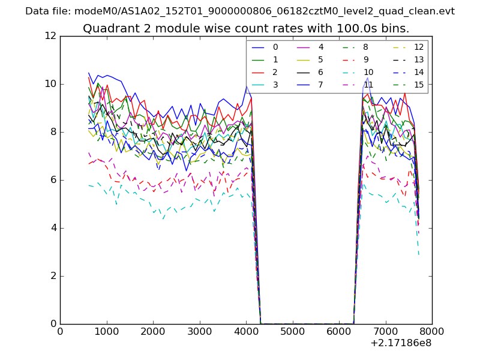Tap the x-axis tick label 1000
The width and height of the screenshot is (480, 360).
[106, 331]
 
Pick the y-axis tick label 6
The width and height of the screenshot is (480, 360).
[53, 180]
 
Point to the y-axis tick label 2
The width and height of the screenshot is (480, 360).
[53, 276]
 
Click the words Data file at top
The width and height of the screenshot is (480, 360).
[46, 11]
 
